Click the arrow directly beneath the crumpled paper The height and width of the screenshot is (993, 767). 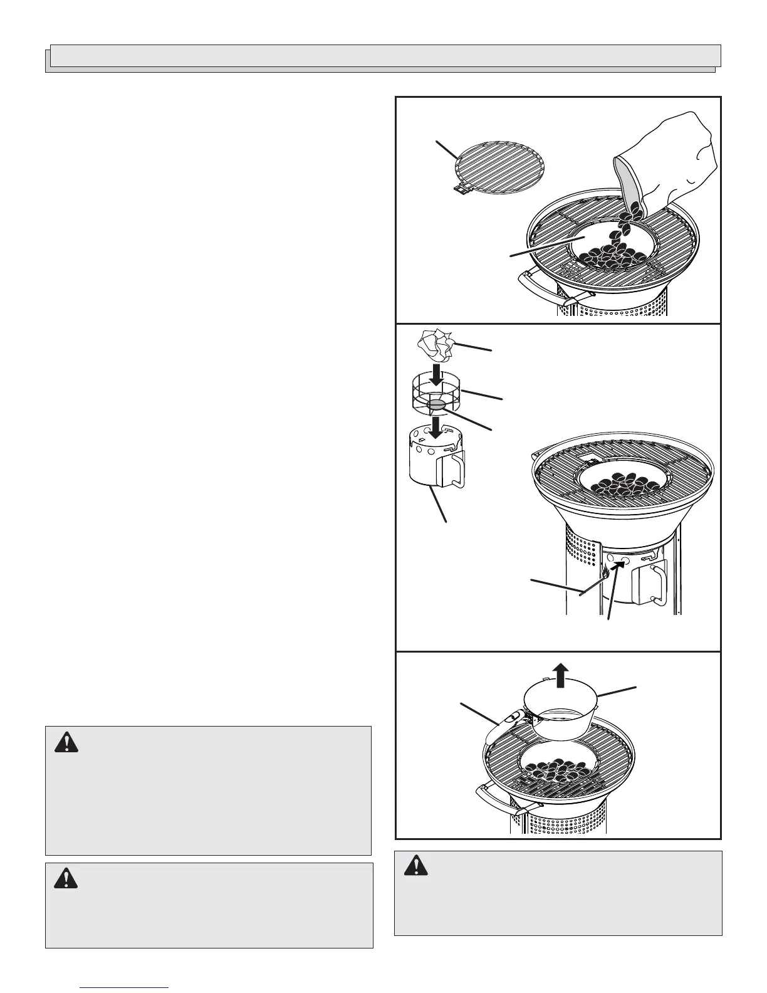(x=437, y=379)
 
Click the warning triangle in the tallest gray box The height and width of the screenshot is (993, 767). (x=66, y=743)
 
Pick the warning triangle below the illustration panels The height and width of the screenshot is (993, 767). (x=415, y=866)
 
